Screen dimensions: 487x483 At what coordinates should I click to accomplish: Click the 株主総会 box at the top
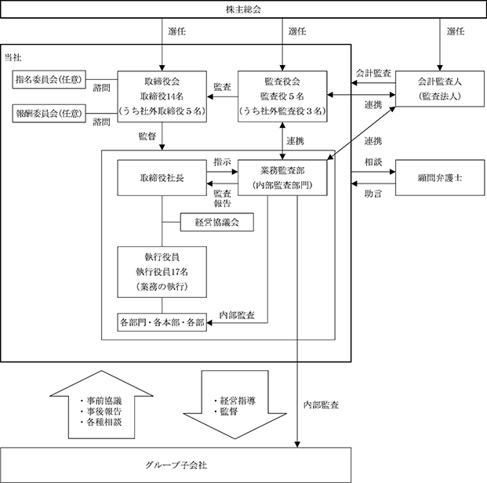pos(243,9)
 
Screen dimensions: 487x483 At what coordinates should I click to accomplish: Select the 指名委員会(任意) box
pos(49,79)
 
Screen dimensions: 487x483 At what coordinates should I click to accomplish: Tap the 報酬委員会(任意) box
pos(49,114)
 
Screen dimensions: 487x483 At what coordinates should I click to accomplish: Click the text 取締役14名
pos(162,96)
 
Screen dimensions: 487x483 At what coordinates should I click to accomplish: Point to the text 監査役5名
pos(282,96)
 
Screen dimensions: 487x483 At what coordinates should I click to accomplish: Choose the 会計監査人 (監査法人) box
pos(439,89)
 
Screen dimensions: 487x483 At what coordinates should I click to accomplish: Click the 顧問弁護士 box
pos(440,178)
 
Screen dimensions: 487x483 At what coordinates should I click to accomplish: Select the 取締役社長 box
pos(162,178)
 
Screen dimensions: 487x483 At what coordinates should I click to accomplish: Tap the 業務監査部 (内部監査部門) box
pos(282,178)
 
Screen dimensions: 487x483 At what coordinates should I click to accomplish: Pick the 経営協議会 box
pos(216,222)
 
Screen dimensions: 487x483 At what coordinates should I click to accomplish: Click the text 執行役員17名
pos(162,272)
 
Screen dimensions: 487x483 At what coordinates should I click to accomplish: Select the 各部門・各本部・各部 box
pos(162,322)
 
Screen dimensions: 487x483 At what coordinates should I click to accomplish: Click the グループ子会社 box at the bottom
pos(176,465)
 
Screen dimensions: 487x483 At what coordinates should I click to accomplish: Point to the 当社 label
pos(13,57)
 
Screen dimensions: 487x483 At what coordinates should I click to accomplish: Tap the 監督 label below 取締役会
pos(147,136)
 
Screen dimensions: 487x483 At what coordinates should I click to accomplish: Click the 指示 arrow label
pos(222,162)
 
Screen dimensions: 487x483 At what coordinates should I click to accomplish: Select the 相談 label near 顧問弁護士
pos(373,162)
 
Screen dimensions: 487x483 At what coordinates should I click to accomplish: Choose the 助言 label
pos(373,194)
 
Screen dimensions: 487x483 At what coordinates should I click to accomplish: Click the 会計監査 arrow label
pos(373,73)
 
